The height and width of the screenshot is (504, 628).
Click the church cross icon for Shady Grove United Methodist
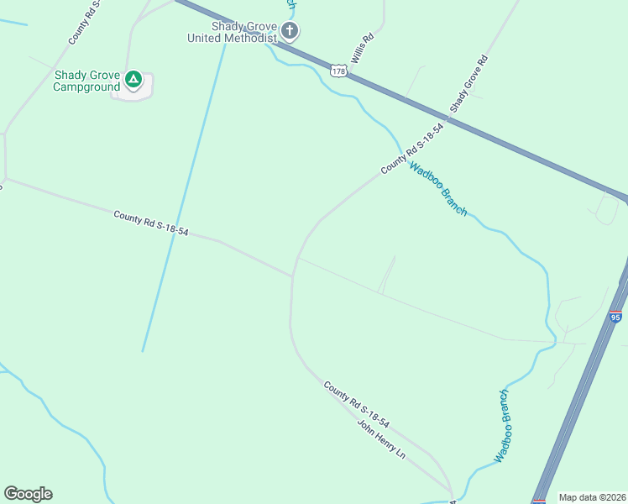[x=290, y=32]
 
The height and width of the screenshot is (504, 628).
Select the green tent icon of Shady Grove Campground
[x=133, y=80]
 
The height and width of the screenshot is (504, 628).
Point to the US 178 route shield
[x=338, y=71]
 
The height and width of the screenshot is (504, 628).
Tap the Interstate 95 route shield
[x=615, y=317]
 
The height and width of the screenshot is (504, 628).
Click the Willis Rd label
[x=362, y=49]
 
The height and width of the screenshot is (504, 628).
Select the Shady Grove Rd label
[x=468, y=84]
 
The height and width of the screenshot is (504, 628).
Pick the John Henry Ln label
[x=382, y=438]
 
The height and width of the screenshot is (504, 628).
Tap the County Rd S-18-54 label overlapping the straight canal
[x=151, y=223]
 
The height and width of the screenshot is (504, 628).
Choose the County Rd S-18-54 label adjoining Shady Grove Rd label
[x=411, y=148]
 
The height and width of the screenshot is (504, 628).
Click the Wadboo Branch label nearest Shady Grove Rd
[x=437, y=189]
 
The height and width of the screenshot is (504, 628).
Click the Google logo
[x=28, y=494]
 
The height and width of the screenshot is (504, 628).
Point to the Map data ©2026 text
[x=592, y=497]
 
